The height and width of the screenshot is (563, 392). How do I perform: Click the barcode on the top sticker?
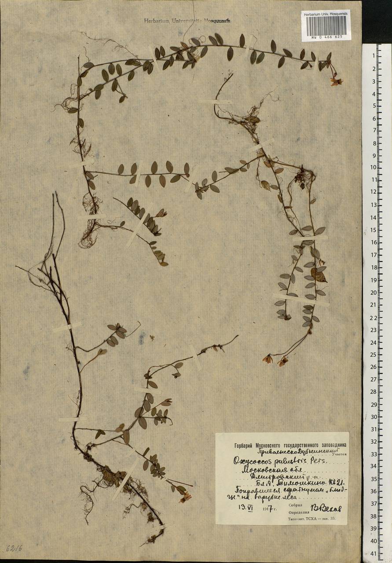pyautogui.click(x=326, y=26)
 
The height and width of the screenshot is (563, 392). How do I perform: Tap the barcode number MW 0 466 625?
pyautogui.click(x=326, y=38)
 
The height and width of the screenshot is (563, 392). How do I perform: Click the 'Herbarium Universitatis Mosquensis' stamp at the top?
pyautogui.click(x=188, y=21)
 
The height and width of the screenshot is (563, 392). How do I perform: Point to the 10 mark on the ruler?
pyautogui.click(x=374, y=168)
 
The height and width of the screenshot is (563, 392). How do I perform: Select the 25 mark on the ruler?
pyautogui.click(x=374, y=354)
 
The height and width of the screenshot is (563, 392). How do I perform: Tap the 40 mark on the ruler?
pyautogui.click(x=374, y=541)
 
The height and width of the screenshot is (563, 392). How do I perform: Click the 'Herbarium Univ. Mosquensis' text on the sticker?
pyautogui.click(x=326, y=14)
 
